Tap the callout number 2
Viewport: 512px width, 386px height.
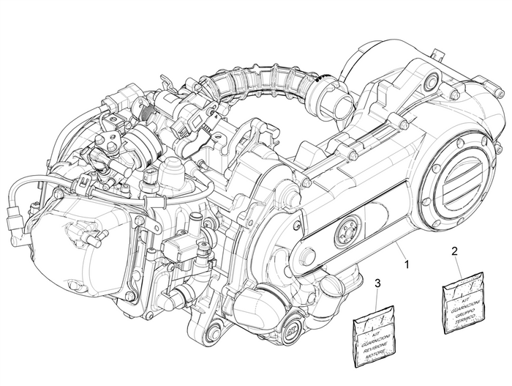pyautogui.click(x=455, y=251)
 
